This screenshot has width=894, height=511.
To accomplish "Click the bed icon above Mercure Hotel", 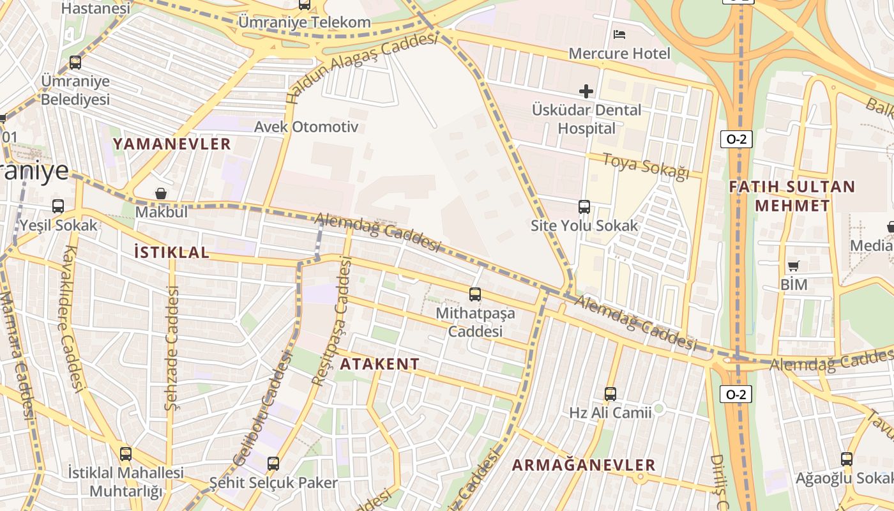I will (619, 34).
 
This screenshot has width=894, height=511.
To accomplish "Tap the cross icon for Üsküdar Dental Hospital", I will (586, 91).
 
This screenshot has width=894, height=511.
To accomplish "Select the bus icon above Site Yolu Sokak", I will (584, 206).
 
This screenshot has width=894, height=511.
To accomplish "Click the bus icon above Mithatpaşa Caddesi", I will (474, 294).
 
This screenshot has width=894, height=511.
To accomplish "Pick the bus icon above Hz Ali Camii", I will (610, 394).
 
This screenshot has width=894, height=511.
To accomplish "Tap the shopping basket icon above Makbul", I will (161, 193).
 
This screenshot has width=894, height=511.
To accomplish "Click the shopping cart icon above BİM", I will (793, 266).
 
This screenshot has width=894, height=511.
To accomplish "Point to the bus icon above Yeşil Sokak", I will (58, 206).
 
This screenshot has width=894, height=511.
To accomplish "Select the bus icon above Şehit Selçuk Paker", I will (273, 463).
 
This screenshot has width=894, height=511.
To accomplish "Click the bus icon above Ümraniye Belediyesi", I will (75, 63).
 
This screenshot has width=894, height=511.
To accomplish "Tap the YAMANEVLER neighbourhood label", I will (172, 144).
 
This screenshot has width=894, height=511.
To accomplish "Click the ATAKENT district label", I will (379, 364).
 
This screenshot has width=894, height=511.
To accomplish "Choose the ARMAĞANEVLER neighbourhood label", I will (584, 465).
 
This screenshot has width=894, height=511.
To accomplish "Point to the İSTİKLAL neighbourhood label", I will (172, 252).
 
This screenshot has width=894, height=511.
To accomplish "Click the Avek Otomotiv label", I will (306, 126).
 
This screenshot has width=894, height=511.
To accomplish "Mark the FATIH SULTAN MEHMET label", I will (792, 195).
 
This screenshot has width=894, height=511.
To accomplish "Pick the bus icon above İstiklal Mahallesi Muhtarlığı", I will (126, 454).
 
